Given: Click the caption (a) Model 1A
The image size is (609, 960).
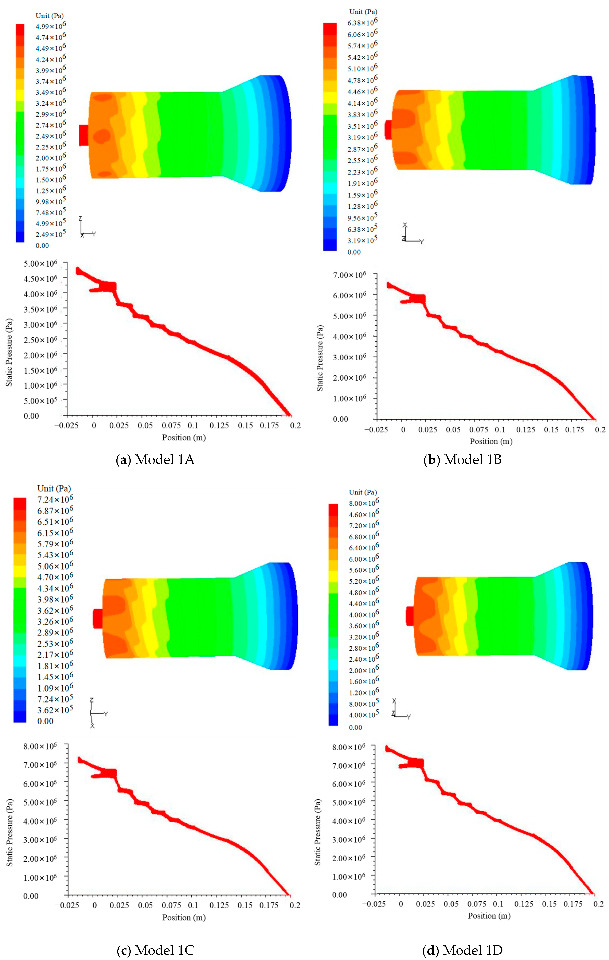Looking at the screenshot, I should [x=155, y=460].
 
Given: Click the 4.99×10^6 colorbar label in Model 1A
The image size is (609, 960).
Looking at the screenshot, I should [x=51, y=26].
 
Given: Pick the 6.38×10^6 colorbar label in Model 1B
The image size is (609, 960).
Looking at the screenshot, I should [x=362, y=22].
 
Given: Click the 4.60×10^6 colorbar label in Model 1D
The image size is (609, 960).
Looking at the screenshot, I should [x=364, y=514].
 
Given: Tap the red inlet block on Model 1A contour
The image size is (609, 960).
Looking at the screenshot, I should [x=83, y=135].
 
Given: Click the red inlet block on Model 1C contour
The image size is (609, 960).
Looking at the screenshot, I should [x=97, y=618].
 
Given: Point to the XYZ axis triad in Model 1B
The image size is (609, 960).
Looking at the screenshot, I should [x=411, y=235].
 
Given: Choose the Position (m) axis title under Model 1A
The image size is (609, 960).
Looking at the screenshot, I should [x=184, y=437].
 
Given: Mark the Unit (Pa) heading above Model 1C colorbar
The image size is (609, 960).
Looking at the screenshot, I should [x=54, y=488].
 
